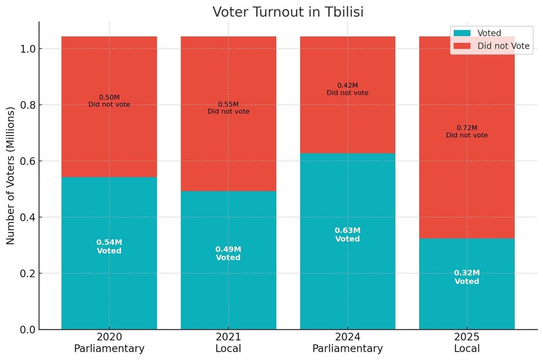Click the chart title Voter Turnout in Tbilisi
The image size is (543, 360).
pyautogui.click(x=288, y=12)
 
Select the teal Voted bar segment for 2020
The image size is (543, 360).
pyautogui.click(x=109, y=212)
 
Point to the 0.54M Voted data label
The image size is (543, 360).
pyautogui.click(x=109, y=247)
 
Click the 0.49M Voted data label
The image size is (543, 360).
pyautogui.click(x=228, y=253)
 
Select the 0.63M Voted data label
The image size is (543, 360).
pyautogui.click(x=347, y=235)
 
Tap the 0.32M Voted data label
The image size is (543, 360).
pyautogui.click(x=467, y=277)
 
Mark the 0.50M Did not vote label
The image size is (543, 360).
pyautogui.click(x=109, y=101)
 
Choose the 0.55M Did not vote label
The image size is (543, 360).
pyautogui.click(x=228, y=108)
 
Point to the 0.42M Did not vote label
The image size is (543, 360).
pyautogui.click(x=347, y=89)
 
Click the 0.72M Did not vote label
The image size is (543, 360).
pyautogui.click(x=467, y=131)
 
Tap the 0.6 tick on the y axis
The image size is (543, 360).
pyautogui.click(x=27, y=161)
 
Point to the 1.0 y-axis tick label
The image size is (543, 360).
pyautogui.click(x=27, y=49)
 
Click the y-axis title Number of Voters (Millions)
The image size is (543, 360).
pyautogui.click(x=11, y=175)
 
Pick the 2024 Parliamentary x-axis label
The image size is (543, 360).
pyautogui.click(x=347, y=343)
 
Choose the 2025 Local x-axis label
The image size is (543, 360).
pyautogui.click(x=467, y=343)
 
